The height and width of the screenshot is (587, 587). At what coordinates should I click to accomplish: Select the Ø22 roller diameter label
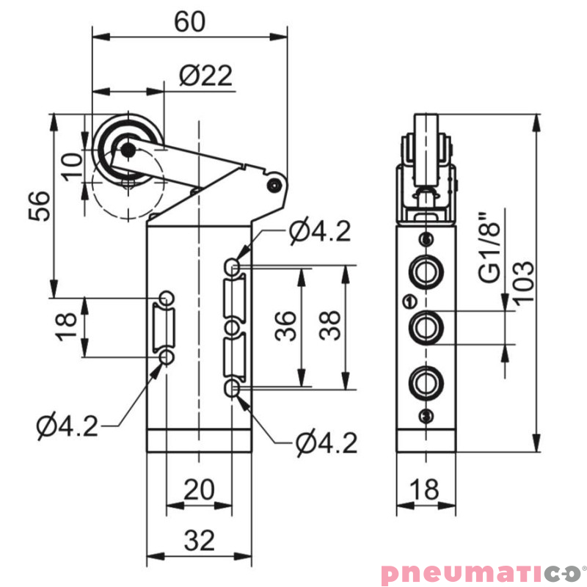[205, 75]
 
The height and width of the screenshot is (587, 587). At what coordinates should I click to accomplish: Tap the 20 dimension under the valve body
[198, 489]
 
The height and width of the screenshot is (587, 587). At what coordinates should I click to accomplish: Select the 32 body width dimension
[199, 542]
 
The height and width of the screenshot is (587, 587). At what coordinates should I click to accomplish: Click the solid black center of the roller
[128, 150]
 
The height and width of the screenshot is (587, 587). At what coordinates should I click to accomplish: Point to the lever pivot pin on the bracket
[274, 184]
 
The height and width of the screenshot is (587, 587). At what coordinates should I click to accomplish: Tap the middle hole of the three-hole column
[232, 327]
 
